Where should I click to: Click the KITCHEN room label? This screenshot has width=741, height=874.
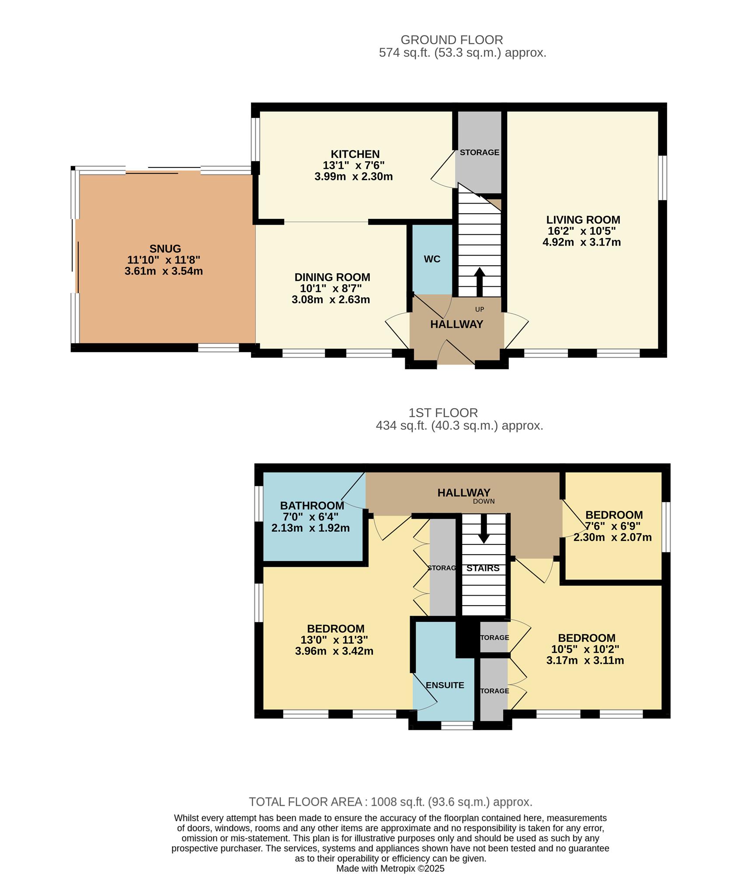[355, 154]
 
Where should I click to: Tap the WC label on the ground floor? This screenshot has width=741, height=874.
[432, 259]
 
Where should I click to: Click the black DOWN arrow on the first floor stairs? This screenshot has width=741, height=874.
[484, 529]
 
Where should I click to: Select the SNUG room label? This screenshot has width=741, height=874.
[165, 249]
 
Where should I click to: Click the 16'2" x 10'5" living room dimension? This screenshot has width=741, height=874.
[583, 231]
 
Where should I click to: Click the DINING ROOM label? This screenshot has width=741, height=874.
[332, 277]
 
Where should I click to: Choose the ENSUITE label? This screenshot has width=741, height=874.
[445, 685]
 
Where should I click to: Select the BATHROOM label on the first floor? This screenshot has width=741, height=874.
[312, 506]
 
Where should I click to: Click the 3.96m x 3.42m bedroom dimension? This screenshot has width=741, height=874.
[334, 651]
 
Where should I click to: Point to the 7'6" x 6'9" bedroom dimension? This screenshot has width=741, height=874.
[612, 526]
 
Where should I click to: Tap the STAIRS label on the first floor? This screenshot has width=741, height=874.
[483, 568]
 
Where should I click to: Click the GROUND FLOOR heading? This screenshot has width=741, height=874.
[452, 40]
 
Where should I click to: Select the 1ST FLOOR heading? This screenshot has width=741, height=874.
[443, 413]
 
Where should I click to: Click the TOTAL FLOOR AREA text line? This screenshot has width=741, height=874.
[390, 802]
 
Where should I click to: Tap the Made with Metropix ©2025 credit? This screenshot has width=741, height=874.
[390, 868]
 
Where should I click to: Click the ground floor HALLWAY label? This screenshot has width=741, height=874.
[456, 324]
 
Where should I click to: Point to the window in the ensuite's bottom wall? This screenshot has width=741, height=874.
[456, 725]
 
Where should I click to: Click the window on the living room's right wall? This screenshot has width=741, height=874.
[663, 177]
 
